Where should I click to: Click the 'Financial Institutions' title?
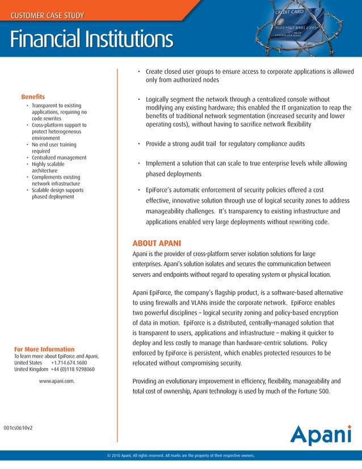click(x=91, y=39)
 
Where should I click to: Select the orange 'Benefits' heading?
click(x=33, y=97)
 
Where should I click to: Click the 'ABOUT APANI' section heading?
click(x=157, y=244)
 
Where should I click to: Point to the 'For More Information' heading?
click(x=44, y=349)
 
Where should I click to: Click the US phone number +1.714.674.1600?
click(x=69, y=363)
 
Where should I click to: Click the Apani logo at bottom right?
click(x=321, y=435)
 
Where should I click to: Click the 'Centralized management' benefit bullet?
click(x=59, y=158)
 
